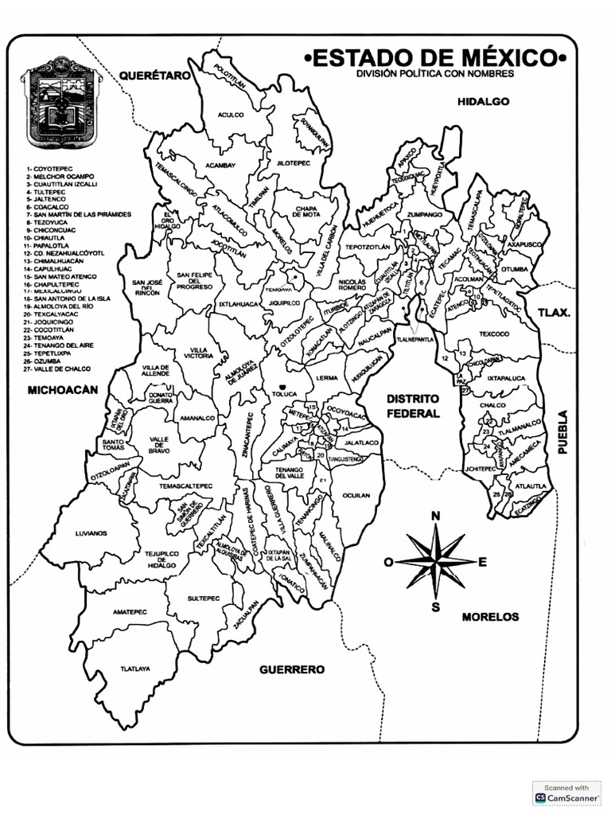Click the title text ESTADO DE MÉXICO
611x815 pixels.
436,58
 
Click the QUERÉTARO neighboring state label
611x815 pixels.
156,76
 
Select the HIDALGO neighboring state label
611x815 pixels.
483,102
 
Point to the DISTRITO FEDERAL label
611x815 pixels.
413,406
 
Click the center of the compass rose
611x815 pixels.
436,561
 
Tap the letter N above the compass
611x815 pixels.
436,517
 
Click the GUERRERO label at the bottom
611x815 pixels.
292,669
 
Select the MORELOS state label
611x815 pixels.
490,616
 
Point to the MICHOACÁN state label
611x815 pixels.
62,390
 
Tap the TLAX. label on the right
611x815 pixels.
553,312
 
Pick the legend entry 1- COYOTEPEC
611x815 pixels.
49,170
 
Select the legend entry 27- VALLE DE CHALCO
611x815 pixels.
58,369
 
